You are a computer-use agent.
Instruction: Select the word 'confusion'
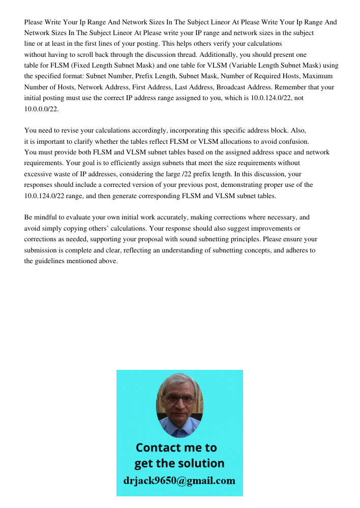click(300, 142)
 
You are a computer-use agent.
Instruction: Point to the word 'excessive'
click(40, 174)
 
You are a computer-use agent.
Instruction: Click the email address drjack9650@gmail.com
click(179, 481)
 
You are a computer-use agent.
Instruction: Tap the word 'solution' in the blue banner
click(201, 463)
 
